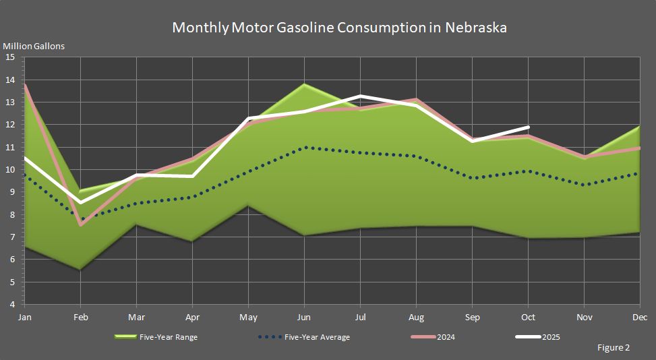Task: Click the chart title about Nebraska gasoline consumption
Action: (339, 28)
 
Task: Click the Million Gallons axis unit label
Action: (34, 47)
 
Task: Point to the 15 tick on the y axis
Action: (10, 57)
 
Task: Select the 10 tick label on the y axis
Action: (10, 170)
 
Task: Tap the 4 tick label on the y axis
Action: (11, 305)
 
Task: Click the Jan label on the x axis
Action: (25, 316)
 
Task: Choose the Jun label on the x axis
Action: (304, 316)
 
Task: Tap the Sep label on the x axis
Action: (472, 316)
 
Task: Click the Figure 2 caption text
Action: (613, 348)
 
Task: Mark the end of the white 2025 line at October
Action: (529, 127)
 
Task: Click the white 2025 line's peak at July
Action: (361, 96)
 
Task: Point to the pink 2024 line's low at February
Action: (81, 224)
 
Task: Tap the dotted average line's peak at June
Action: (305, 147)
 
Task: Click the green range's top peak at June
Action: (305, 84)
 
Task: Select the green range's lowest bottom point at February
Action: (81, 270)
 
